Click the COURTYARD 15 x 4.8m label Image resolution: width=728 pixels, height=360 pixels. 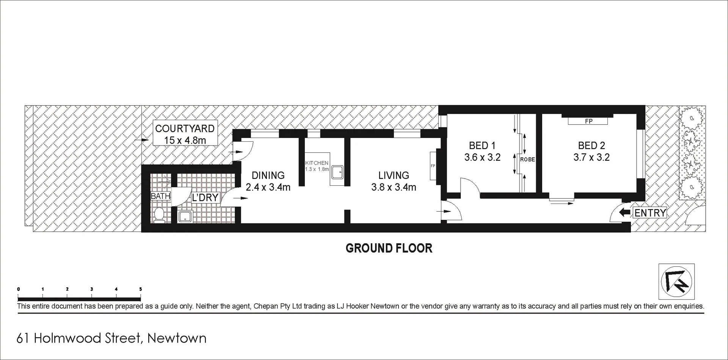point(185,134)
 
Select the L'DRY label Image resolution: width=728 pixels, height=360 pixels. point(205,197)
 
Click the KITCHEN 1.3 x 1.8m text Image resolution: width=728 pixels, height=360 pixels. point(317,166)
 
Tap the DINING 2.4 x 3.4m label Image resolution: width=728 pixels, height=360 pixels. point(268,181)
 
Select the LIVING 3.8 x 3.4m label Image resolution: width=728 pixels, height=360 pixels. point(394,181)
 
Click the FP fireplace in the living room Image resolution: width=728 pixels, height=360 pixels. point(433,166)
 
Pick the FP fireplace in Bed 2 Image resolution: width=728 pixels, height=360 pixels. point(588,121)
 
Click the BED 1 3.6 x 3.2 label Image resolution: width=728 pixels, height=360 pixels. point(482,151)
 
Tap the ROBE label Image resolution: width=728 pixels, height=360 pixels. point(527,160)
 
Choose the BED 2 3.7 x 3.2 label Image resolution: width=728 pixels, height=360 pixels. point(591,151)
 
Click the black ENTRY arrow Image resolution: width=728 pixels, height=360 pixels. point(624,213)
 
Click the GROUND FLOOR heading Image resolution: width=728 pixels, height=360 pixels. point(389,248)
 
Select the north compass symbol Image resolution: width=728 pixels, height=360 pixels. point(676,282)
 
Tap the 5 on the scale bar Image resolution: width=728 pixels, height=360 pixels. point(140,289)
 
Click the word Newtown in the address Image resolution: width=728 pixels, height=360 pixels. point(177,338)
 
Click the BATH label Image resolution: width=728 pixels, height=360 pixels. point(160,196)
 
